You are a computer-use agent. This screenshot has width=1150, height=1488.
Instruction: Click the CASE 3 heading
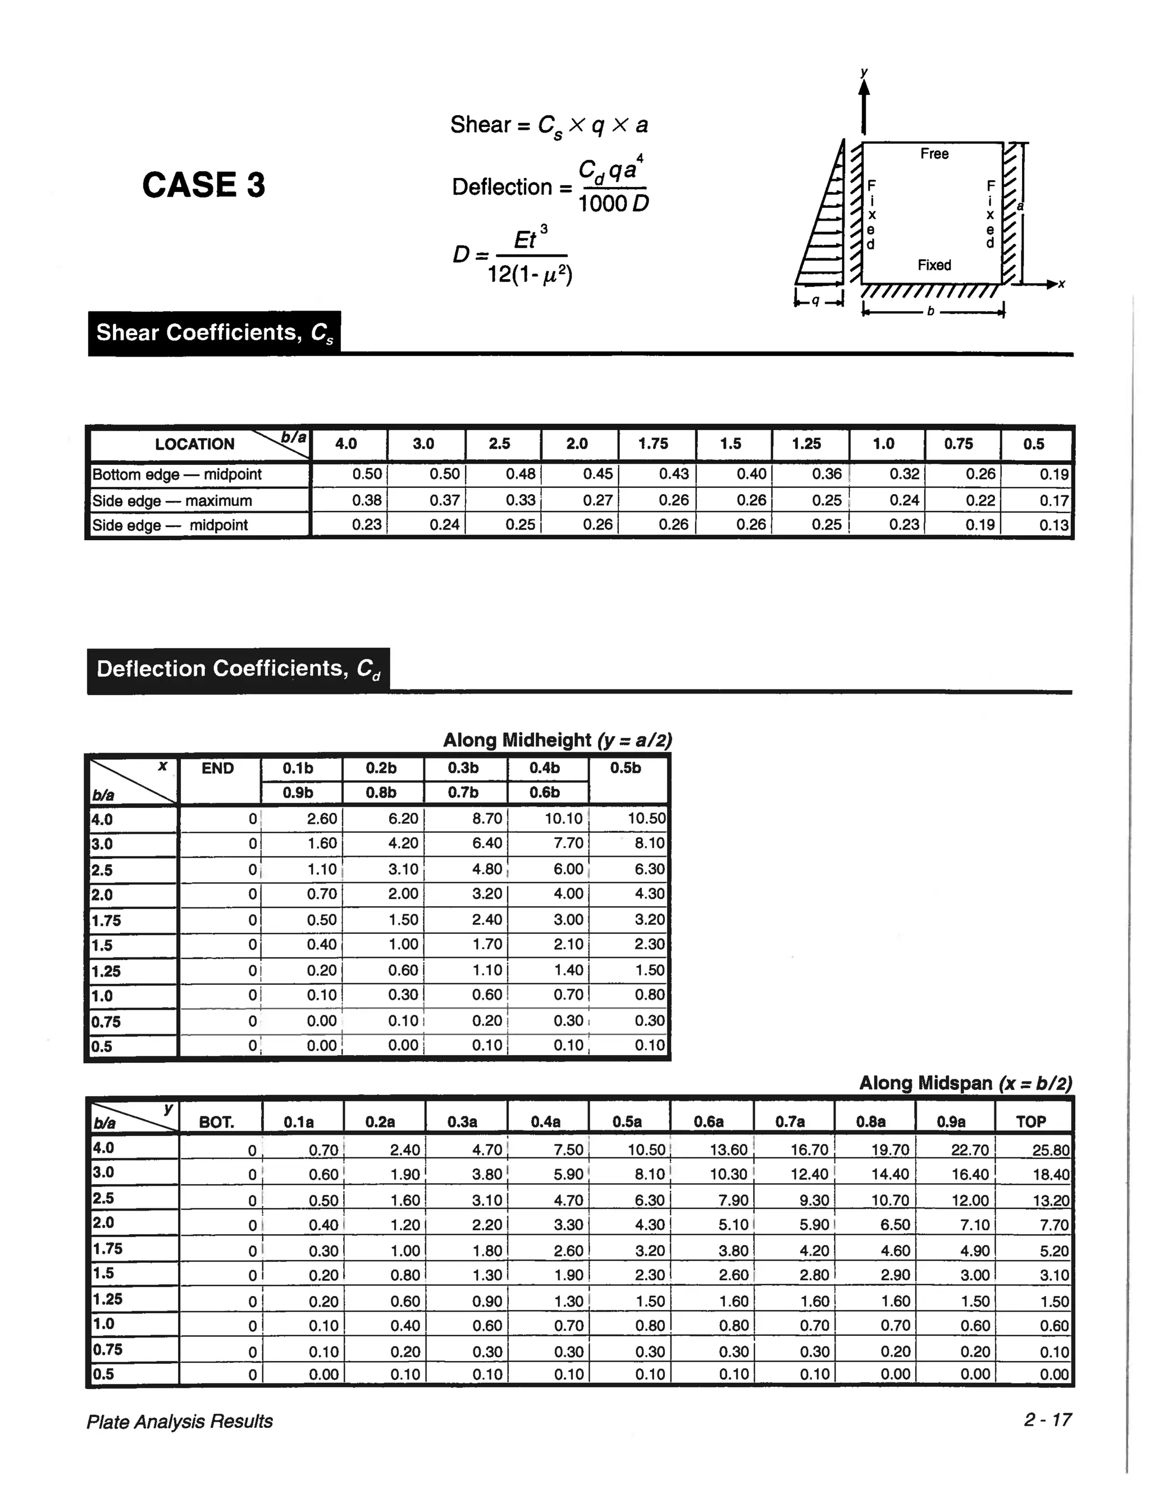click(x=203, y=185)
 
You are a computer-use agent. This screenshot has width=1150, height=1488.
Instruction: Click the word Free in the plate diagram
click(x=934, y=154)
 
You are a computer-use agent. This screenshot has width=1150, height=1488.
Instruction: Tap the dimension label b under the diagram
click(x=930, y=312)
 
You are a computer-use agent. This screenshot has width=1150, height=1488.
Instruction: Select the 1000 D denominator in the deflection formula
click(x=613, y=203)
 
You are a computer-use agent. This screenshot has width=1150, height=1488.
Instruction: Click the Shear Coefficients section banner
click(x=214, y=333)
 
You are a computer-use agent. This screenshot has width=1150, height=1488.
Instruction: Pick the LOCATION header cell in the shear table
click(x=194, y=444)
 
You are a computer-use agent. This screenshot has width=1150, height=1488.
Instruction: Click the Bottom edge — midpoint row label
click(x=177, y=474)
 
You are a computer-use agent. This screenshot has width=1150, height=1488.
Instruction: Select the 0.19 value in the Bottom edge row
click(x=1053, y=474)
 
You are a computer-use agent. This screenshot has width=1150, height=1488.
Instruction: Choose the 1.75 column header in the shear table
click(x=652, y=444)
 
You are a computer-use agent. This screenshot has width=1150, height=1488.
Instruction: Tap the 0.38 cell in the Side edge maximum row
click(x=367, y=500)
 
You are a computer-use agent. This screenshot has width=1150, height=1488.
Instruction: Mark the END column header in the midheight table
click(x=217, y=769)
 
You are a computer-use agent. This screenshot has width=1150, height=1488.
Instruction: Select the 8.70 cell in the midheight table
click(x=487, y=818)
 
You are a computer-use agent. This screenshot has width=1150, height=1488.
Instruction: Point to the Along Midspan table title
click(x=965, y=1083)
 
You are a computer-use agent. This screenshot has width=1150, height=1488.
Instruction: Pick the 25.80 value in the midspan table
click(x=1051, y=1150)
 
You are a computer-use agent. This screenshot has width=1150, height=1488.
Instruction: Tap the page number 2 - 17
click(x=1047, y=1420)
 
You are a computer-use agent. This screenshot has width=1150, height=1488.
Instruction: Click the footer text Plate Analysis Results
click(x=179, y=1421)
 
